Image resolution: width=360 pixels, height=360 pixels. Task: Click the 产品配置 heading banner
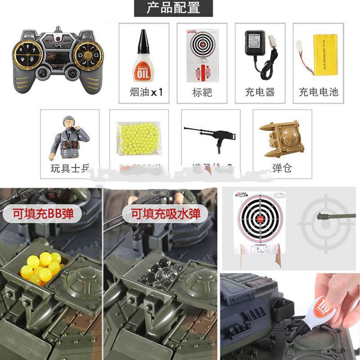tap(173, 8)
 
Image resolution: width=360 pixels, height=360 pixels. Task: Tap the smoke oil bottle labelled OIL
tap(143, 56)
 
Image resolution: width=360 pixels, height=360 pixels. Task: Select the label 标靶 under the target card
tap(202, 92)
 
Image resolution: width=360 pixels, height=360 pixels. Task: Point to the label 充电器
tap(260, 92)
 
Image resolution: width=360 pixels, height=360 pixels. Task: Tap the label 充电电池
tap(318, 92)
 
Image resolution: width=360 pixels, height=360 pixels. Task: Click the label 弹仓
tap(282, 168)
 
